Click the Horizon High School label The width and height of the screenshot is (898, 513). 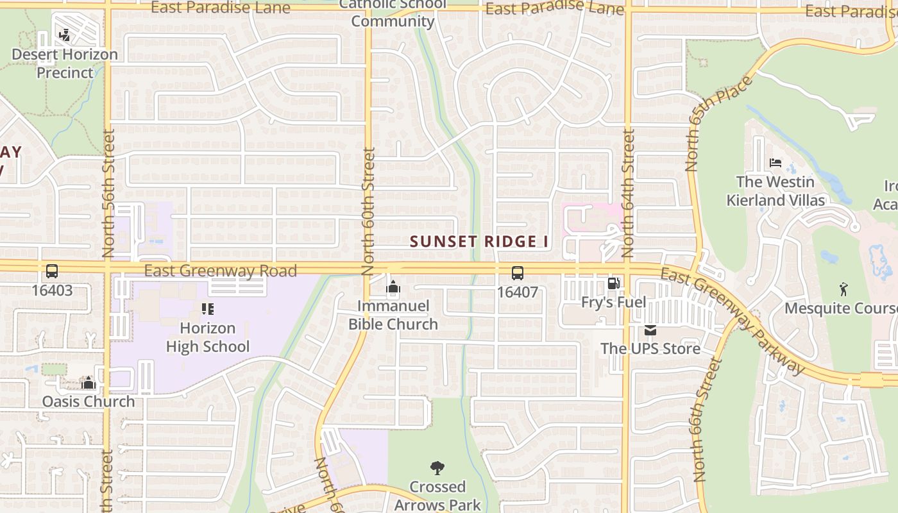click(x=207, y=337)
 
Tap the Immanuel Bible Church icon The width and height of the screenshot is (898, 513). click(x=393, y=288)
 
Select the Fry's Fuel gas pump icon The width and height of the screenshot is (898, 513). click(x=613, y=283)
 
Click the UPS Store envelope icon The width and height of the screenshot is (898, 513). click(x=650, y=330)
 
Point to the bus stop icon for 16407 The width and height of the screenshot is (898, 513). click(x=517, y=273)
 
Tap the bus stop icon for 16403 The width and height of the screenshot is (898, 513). click(x=52, y=271)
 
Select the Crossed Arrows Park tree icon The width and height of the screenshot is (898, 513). click(x=437, y=468)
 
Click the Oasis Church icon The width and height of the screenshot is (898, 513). click(x=89, y=383)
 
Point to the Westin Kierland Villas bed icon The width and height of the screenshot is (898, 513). click(x=775, y=163)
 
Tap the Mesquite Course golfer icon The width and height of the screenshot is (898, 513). click(x=843, y=290)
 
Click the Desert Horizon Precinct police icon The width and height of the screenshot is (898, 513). click(x=64, y=35)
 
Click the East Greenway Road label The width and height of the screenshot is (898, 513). click(x=220, y=271)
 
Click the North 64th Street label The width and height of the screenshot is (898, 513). click(x=628, y=192)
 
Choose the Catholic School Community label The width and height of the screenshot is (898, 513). click(x=393, y=13)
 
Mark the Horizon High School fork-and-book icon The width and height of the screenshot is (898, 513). click(x=207, y=309)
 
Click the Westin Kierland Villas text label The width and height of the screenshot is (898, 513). click(x=775, y=191)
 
